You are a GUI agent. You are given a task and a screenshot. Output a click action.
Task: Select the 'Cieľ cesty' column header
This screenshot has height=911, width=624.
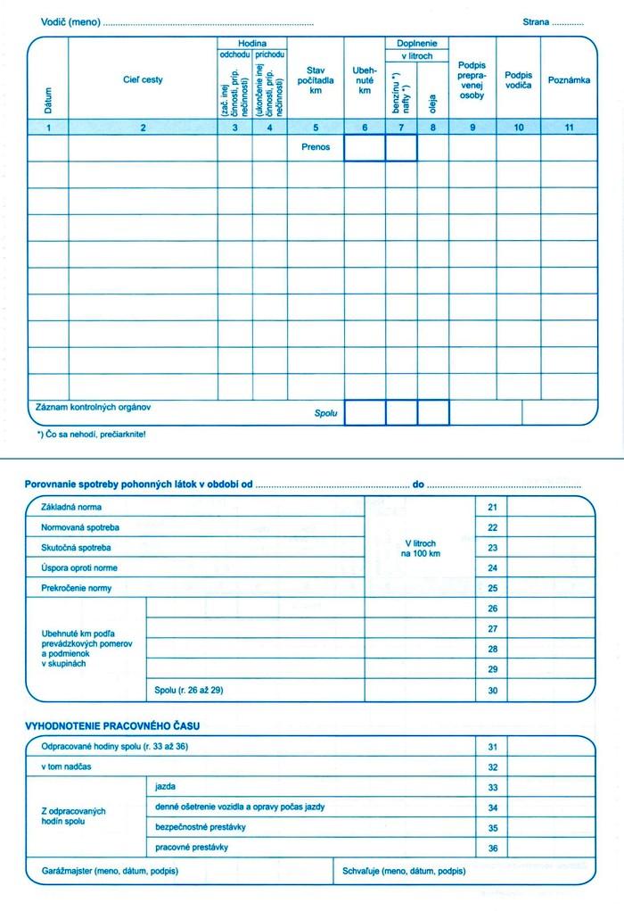143,80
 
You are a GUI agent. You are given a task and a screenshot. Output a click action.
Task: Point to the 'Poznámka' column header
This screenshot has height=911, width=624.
569,80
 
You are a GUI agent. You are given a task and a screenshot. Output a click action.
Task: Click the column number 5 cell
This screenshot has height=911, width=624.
315,128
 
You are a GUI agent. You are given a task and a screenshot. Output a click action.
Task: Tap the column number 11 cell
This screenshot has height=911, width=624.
569,128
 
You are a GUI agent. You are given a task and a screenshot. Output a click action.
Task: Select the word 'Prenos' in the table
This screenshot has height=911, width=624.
315,147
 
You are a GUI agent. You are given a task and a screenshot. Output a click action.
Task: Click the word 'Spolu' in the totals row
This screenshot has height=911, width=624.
326,414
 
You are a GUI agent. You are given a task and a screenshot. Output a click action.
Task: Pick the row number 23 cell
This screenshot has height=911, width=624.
492,548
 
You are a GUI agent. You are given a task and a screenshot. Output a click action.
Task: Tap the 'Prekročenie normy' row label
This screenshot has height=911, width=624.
77,589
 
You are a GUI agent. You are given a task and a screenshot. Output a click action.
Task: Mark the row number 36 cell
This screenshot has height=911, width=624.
492,848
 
